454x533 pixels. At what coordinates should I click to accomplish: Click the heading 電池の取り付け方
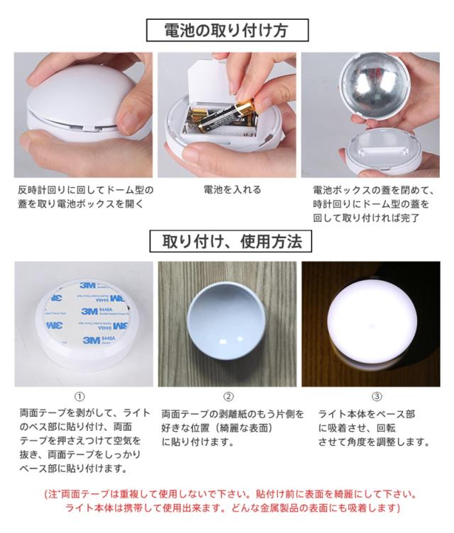click(x=227, y=30)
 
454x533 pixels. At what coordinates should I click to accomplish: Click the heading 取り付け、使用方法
click(x=231, y=242)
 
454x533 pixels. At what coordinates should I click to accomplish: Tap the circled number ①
click(x=79, y=396)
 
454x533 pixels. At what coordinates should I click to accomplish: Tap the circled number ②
click(x=228, y=396)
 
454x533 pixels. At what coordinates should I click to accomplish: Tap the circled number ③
click(x=377, y=396)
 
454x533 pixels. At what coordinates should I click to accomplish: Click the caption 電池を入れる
click(x=233, y=189)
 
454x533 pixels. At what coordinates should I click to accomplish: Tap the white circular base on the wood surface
click(x=226, y=325)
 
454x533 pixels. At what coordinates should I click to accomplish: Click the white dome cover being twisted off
click(x=79, y=92)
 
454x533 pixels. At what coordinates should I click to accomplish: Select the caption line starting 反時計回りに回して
click(x=86, y=190)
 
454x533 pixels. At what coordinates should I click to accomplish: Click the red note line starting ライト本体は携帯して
click(x=233, y=508)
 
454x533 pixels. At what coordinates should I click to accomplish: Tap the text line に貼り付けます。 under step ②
click(x=197, y=442)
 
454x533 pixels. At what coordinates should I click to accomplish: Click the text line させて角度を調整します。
click(x=374, y=442)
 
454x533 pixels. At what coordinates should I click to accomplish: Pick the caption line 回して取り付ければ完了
click(x=366, y=218)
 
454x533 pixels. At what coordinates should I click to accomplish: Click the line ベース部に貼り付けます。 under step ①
click(x=74, y=469)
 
